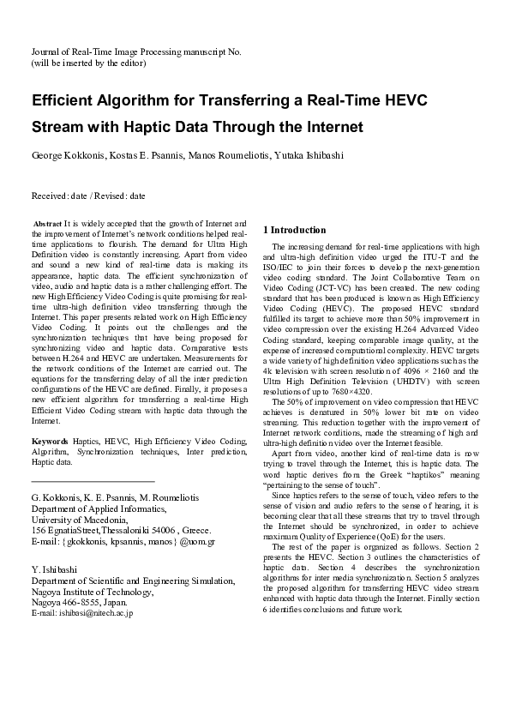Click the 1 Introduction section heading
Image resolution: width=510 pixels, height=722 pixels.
294,230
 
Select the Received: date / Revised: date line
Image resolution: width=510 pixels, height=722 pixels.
88,196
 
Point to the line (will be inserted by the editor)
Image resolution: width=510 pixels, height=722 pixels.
88,63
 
